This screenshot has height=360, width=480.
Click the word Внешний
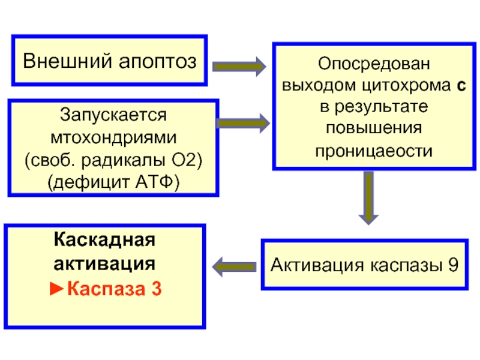pos(68,61)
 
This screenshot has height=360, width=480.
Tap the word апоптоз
pos(157,62)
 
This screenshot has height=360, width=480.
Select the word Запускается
pos(113,115)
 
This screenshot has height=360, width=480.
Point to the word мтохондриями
pos(113,137)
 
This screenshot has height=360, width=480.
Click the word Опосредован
pos(374,64)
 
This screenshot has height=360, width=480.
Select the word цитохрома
pos(406,85)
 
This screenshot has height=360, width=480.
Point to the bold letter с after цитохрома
pos(461,86)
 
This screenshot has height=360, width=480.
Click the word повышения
pos(374,128)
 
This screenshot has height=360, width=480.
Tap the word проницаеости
pos(374,151)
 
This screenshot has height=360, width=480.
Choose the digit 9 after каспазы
pos(453,265)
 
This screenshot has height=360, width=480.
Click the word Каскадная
pos(104,239)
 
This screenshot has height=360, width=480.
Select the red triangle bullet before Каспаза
pos(56,289)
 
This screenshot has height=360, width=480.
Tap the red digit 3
pos(157,289)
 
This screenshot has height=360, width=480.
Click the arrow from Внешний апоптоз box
pos(239,67)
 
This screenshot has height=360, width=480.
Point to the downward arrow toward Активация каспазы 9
pos(368,198)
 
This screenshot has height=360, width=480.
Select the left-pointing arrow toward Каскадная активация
pos(234,267)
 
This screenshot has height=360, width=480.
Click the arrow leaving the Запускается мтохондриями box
pos(244,123)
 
